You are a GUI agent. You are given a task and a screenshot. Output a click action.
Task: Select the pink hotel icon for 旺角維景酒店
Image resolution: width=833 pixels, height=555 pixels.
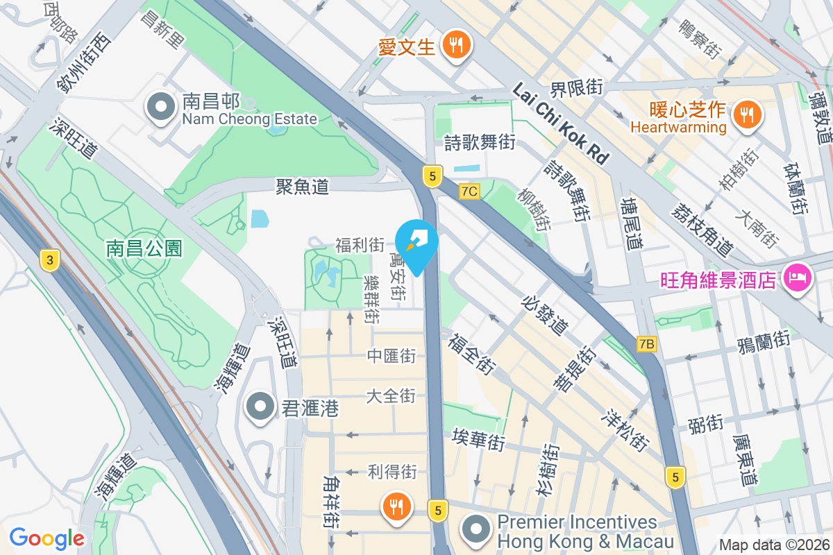point(796,278)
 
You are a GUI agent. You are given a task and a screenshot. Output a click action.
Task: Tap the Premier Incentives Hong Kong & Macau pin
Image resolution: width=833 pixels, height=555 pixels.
point(476,531)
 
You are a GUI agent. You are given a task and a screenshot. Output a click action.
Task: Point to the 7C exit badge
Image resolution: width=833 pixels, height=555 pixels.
point(469,190)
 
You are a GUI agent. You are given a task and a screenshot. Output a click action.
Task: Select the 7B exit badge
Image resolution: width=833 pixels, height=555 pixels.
point(646,343)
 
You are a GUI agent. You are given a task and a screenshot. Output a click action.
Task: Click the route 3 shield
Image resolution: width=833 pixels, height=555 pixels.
point(49,260)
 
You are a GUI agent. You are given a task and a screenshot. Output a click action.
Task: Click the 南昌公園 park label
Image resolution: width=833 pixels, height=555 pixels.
point(144,248)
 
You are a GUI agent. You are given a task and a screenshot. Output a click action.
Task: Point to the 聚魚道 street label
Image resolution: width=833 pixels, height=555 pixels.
point(302,186)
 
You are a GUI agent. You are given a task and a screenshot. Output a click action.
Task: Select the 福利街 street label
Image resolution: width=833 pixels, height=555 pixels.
point(360,245)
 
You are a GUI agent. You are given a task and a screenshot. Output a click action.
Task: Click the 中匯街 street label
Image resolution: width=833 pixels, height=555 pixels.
point(391,356)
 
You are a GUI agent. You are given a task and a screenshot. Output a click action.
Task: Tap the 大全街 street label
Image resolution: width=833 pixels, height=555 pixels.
point(391,396)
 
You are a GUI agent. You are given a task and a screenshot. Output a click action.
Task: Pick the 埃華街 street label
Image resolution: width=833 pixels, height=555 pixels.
point(478,440)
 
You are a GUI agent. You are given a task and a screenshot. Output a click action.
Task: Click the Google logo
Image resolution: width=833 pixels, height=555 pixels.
point(47,538)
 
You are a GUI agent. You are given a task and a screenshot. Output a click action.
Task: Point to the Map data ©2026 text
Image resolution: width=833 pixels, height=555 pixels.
point(774,545)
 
